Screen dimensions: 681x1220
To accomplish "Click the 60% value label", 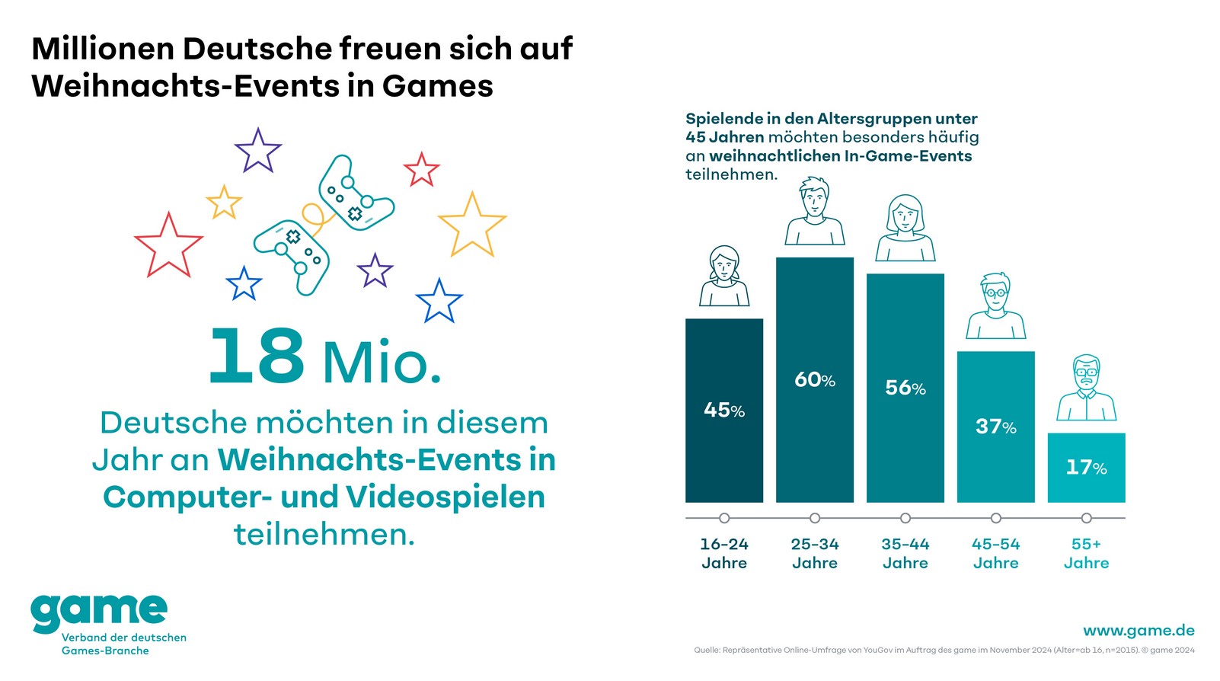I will pos(814,379).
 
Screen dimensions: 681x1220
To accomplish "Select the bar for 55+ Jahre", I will pos(1086,468).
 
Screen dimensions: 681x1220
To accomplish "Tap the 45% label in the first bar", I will pos(723,411).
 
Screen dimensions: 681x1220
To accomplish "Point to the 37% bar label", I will pos(995,427).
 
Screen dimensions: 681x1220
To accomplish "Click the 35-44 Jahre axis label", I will pos(905,554).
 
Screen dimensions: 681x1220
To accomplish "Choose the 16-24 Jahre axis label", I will pos(723,554).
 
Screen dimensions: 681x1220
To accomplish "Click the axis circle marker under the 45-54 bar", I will pos(995,518).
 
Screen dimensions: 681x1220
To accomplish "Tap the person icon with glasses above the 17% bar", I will pos(1086,388).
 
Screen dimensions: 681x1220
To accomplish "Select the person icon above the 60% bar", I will pos(814,211).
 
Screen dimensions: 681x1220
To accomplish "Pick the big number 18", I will pos(257,356).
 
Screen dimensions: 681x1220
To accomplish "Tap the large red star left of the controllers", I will pos(168,246).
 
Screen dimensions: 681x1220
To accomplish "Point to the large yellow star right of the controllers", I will pos(472,225).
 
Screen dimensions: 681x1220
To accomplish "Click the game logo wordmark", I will pos(99,611).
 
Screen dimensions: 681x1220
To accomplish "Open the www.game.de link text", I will pos(1138,630).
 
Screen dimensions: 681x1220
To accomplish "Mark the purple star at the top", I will pos(257,150).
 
